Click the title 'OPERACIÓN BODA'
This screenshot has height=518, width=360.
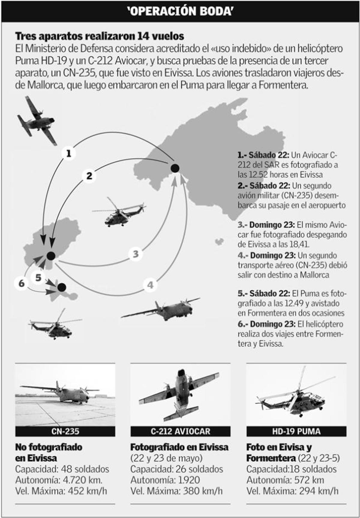pyautogui.click(x=180, y=11)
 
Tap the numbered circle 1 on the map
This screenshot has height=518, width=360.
pyautogui.click(x=69, y=153)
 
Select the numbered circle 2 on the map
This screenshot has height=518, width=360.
pyautogui.click(x=89, y=176)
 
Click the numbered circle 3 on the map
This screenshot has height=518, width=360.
pyautogui.click(x=136, y=254)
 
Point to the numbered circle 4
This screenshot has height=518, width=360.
pyautogui.click(x=150, y=285)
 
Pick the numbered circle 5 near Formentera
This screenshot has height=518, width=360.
pyautogui.click(x=38, y=278)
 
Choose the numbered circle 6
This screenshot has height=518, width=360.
pyautogui.click(x=22, y=283)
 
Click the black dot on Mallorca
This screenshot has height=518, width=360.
pyautogui.click(x=175, y=168)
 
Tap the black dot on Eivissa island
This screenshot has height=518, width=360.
pyautogui.click(x=51, y=256)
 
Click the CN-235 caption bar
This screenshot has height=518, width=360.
pyautogui.click(x=65, y=432)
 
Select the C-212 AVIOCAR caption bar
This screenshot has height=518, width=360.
pyautogui.click(x=180, y=432)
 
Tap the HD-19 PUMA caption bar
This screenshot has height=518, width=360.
pyautogui.click(x=296, y=432)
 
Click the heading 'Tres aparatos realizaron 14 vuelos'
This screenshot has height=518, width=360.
pyautogui.click(x=100, y=36)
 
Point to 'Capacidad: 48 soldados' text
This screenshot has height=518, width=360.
pyautogui.click(x=62, y=469)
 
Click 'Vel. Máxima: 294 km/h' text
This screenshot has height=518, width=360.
pyautogui.click(x=292, y=491)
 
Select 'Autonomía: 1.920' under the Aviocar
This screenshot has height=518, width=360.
pyautogui.click(x=165, y=480)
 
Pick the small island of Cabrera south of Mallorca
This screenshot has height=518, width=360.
pyautogui.click(x=219, y=242)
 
